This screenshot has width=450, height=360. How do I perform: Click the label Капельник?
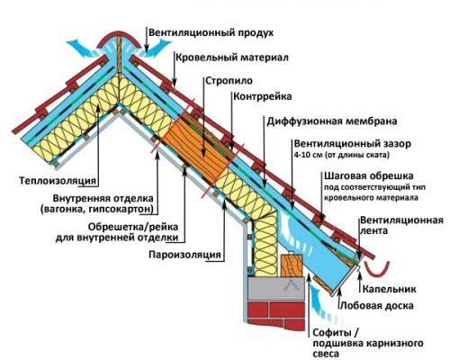tap(389, 289)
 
